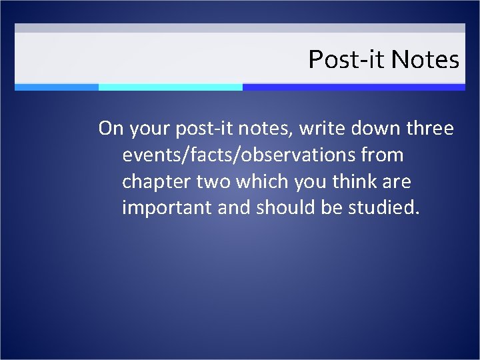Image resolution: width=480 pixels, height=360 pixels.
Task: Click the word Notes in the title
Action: coord(425,60)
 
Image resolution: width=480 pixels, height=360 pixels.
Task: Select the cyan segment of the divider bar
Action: coord(170,87)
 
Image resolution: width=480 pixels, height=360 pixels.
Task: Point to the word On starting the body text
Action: coord(110,128)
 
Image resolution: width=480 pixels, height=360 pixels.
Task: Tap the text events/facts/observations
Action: coord(239,155)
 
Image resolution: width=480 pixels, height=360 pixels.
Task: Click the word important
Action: coord(167,208)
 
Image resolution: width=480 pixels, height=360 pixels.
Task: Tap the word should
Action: coord(285,208)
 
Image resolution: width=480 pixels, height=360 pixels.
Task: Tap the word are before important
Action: coord(398,182)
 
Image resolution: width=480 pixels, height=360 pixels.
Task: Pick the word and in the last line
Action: coord(233,208)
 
